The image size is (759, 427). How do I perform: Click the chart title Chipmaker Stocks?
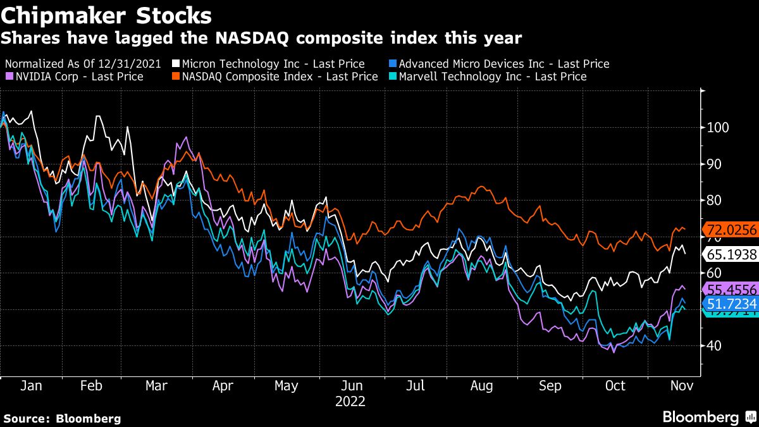click(x=106, y=15)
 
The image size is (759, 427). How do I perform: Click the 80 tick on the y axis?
click(x=713, y=201)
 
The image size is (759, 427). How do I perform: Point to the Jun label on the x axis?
click(x=351, y=386)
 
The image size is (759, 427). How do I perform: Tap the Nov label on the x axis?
click(x=681, y=386)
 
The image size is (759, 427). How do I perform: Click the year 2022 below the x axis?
click(x=351, y=401)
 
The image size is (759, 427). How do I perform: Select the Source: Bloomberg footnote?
click(x=62, y=418)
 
